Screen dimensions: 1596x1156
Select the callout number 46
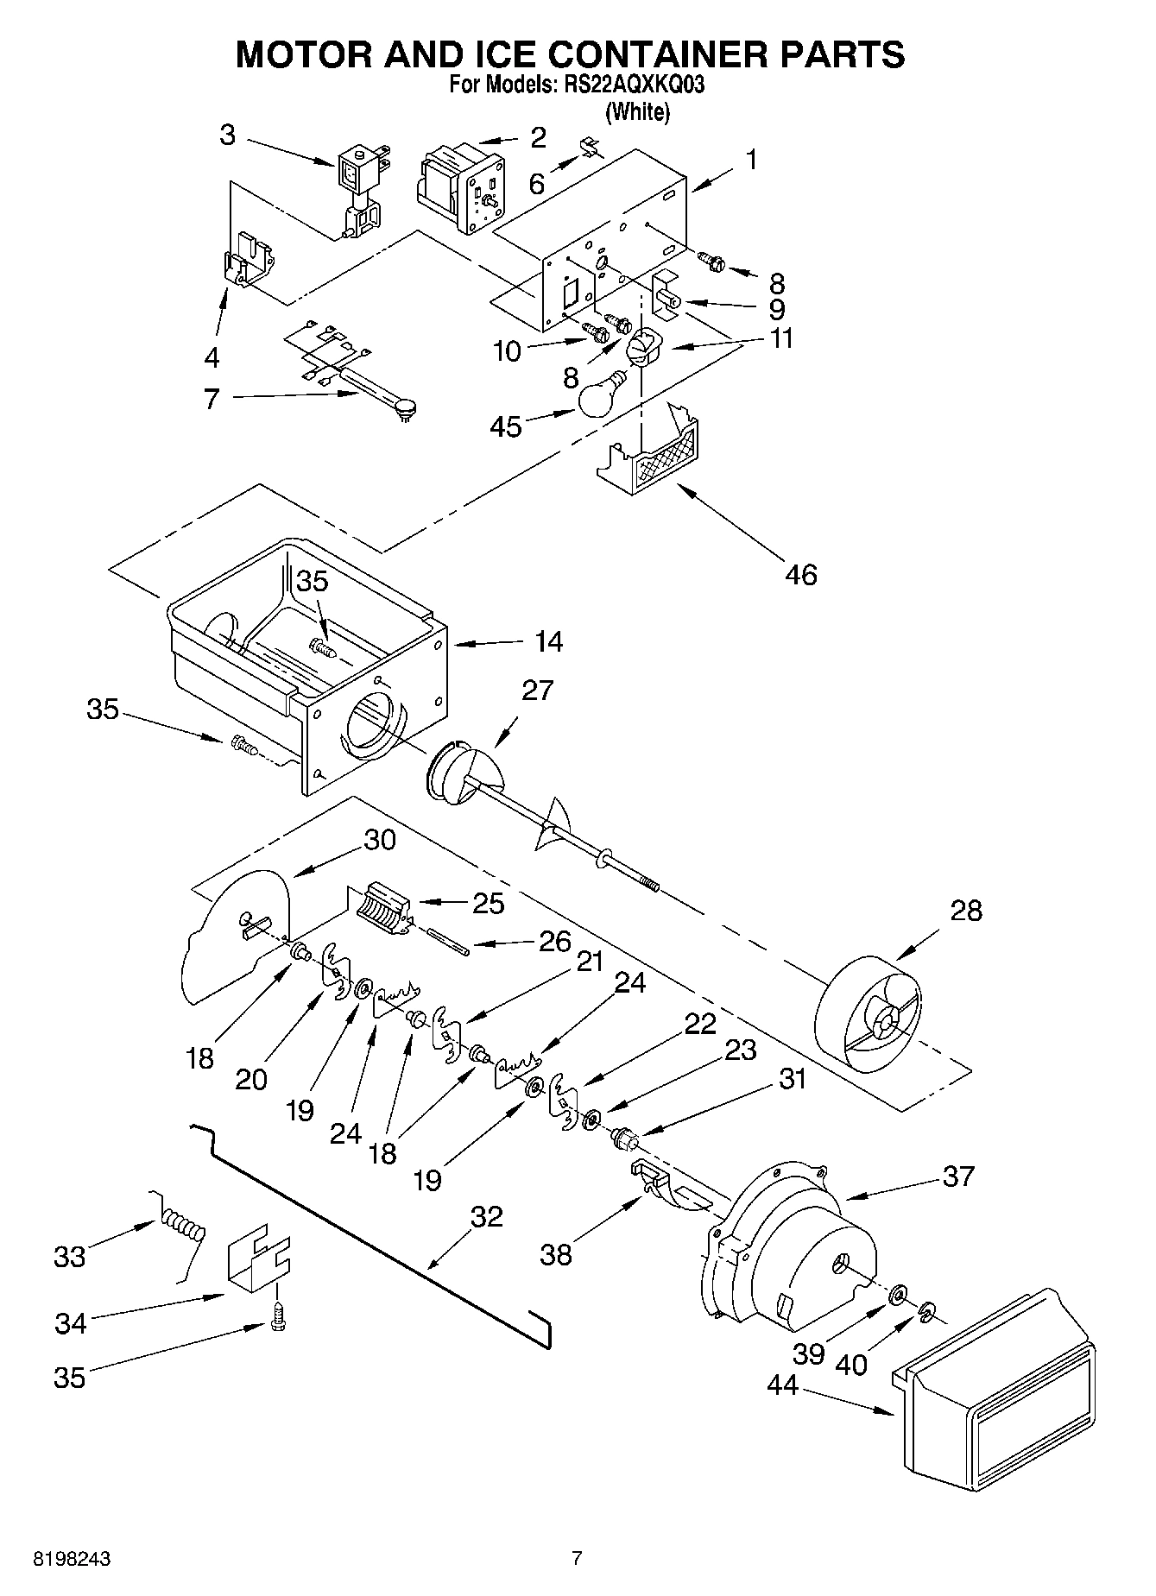[x=800, y=574]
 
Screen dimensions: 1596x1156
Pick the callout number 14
[x=548, y=641]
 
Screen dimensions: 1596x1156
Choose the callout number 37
[x=958, y=1176]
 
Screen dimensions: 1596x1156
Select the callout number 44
[x=783, y=1385]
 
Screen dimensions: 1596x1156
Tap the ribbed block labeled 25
[x=380, y=906]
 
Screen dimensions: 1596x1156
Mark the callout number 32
[x=486, y=1216]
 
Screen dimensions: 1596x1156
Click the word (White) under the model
[x=637, y=111]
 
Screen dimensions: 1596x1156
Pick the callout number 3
[x=226, y=136]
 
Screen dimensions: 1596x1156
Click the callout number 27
[x=536, y=691]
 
